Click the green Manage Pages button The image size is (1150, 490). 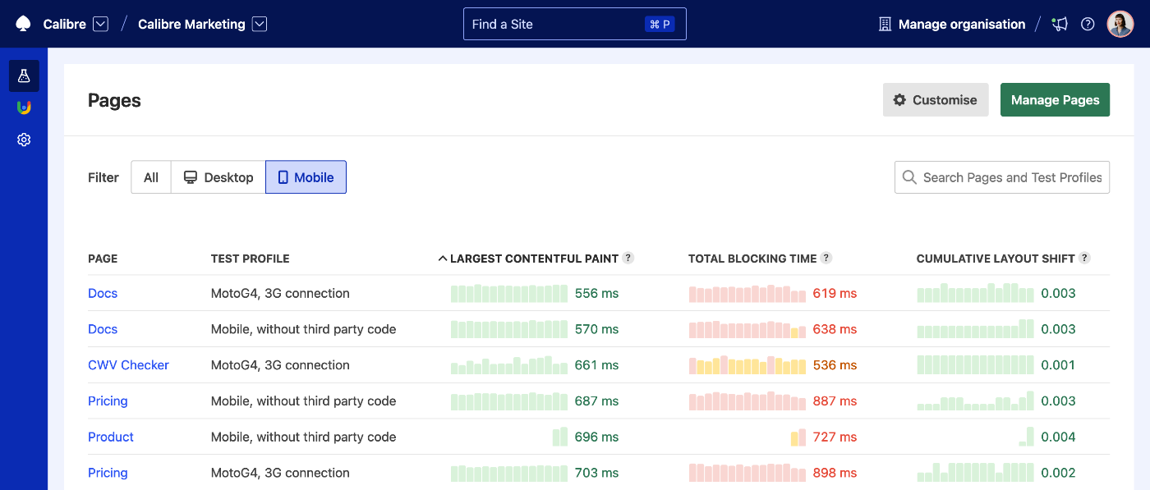[1055, 100]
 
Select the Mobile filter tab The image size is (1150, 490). [306, 177]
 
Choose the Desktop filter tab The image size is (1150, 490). [218, 177]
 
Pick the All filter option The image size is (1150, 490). [151, 177]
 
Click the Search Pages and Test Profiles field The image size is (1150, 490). [1010, 177]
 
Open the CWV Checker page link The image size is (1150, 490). [128, 365]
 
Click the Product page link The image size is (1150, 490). [111, 437]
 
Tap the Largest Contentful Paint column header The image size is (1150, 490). [534, 259]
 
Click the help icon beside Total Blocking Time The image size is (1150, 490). [826, 258]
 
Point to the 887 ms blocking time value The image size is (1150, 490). [835, 401]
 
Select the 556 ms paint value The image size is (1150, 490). [596, 293]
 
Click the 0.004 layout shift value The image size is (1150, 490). [1058, 437]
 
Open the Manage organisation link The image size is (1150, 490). [961, 25]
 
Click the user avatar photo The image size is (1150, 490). [1120, 25]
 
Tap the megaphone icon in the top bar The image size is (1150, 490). [1060, 25]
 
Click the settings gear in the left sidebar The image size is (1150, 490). [24, 140]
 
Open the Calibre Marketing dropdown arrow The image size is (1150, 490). [260, 25]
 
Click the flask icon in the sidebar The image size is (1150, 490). [24, 76]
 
